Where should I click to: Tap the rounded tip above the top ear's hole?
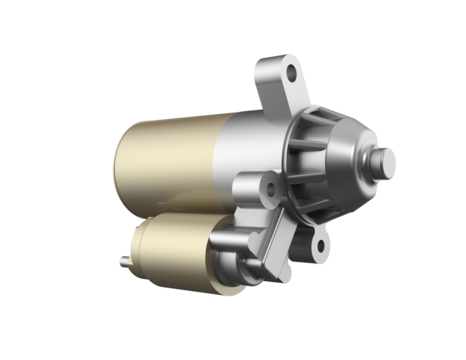pos(291,61)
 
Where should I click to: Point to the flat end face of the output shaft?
pos(390,159)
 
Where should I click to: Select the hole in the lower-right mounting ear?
pos(319,241)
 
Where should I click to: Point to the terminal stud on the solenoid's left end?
pos(122,262)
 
